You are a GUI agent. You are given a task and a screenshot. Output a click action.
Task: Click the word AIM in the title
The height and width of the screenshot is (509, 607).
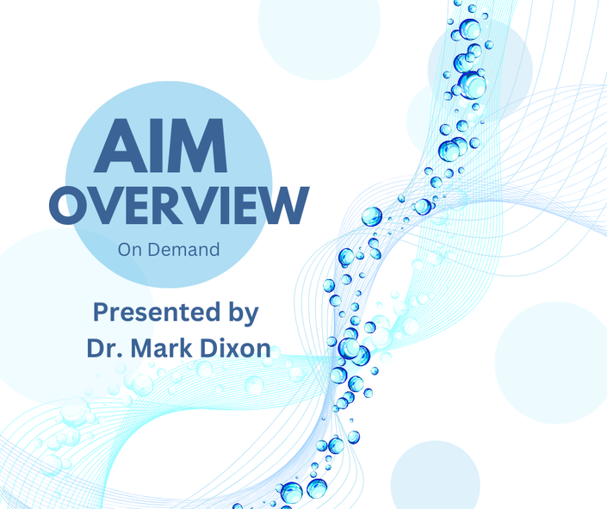coord(161,146)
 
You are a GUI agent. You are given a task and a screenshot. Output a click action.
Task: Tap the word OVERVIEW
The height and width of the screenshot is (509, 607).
coord(179,206)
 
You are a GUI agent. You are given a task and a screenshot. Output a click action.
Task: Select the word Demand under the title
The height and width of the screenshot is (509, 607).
coord(184,250)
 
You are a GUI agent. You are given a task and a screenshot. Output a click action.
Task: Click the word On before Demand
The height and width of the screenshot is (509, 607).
coord(131,250)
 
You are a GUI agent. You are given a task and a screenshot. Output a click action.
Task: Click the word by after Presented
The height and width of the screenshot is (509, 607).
coord(244,314)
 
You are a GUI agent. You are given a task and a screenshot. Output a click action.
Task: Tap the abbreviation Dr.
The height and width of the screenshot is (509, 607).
coord(101,348)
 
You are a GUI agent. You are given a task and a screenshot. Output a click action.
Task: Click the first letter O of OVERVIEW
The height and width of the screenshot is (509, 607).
coord(68,206)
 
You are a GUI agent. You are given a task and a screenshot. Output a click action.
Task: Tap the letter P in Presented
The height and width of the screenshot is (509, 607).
coord(100,312)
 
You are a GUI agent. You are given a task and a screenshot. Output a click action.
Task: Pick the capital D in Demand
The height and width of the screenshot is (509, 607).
coord(153,250)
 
